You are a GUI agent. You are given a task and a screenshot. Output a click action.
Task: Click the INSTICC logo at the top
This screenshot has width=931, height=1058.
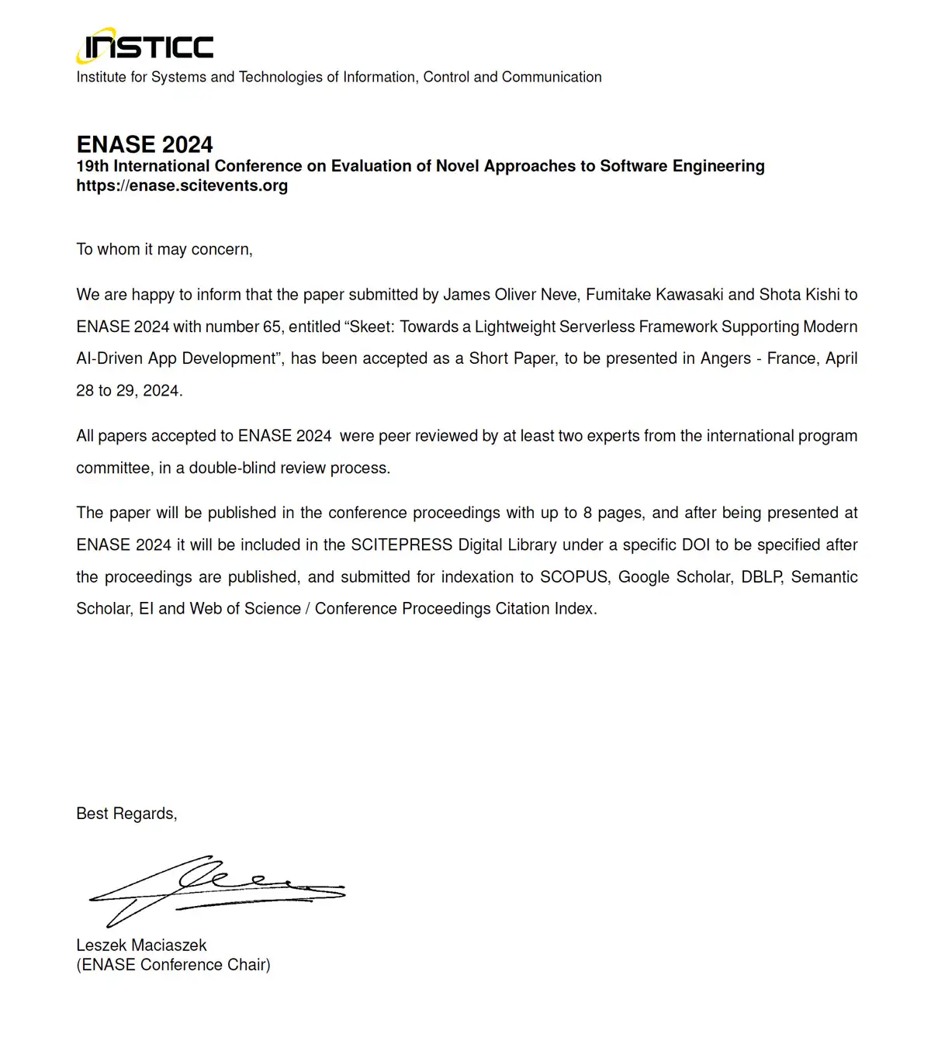pyautogui.click(x=145, y=46)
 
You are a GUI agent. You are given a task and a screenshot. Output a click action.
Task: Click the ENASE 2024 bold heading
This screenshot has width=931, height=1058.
pyautogui.click(x=144, y=144)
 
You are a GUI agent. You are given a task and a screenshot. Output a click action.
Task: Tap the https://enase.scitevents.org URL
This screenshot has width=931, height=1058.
pyautogui.click(x=182, y=185)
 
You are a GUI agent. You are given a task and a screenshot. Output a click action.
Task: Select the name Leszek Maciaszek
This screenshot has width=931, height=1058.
pyautogui.click(x=141, y=945)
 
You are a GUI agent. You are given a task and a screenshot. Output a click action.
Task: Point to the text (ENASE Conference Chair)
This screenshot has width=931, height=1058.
pyautogui.click(x=173, y=965)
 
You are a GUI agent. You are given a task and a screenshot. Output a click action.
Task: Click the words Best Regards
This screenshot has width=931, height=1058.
pyautogui.click(x=126, y=813)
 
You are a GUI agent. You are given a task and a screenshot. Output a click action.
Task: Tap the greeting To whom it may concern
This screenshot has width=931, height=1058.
pyautogui.click(x=164, y=249)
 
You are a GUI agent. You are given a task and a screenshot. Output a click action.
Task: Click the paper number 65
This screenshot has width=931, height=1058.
pyautogui.click(x=272, y=327)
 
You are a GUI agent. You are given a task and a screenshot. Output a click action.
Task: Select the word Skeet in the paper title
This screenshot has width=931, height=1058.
pyautogui.click(x=372, y=327)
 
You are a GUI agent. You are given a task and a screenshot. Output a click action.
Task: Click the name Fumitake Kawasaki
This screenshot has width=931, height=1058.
pyautogui.click(x=654, y=295)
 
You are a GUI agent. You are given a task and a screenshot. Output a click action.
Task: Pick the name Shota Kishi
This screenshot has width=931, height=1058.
pyautogui.click(x=799, y=295)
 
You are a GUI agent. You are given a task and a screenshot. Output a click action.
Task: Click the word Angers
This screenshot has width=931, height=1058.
pyautogui.click(x=726, y=358)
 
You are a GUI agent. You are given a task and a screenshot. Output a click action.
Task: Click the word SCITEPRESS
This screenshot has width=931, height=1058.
pyautogui.click(x=401, y=545)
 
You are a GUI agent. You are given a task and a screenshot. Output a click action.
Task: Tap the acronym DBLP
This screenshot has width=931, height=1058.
pyautogui.click(x=761, y=577)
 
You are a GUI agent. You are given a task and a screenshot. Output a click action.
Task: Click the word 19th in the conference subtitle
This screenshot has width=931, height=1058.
pyautogui.click(x=92, y=166)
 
